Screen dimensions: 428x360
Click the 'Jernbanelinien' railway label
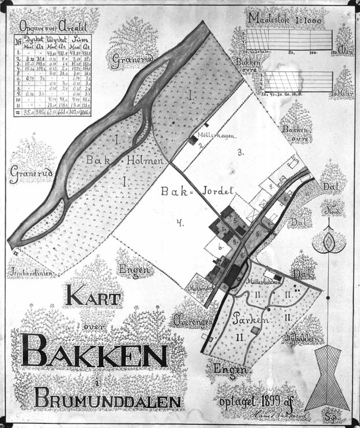pyautogui.click(x=29, y=271)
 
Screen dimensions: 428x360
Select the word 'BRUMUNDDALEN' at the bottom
pyautogui.click(x=107, y=399)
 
